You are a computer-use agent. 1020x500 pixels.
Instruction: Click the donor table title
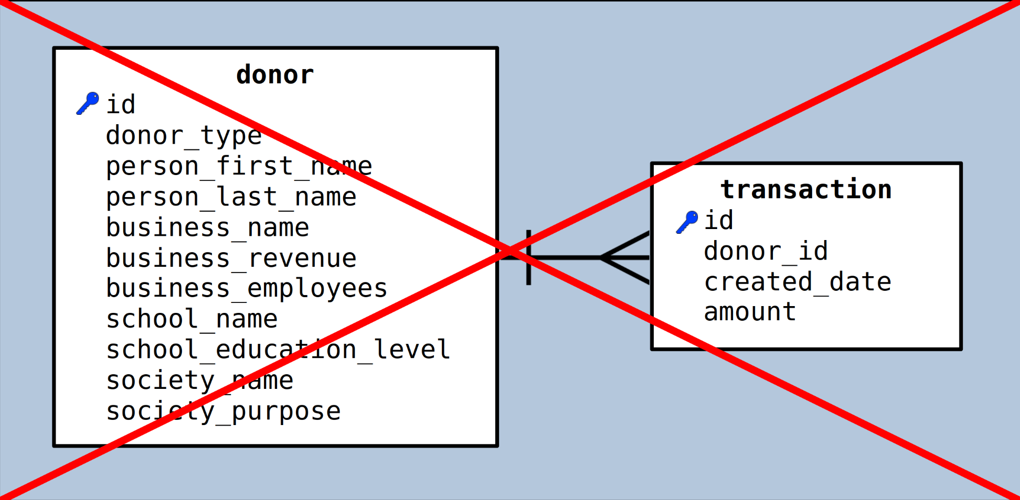coord(275,75)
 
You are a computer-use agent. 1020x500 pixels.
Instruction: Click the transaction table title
coord(806,189)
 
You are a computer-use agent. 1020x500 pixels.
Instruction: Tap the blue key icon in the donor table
coord(88,103)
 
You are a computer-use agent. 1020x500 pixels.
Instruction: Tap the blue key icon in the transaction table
coord(687,222)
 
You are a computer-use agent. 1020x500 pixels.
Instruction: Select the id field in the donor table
coord(121,104)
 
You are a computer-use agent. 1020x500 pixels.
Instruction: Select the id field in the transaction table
coord(719,220)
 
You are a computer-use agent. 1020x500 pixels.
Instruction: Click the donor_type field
coord(184,136)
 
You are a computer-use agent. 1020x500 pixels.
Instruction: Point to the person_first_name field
coord(239,166)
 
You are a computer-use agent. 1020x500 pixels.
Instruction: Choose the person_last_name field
coord(231,197)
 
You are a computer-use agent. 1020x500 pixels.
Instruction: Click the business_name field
coord(208,227)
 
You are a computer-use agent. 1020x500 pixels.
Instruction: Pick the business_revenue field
coord(231,258)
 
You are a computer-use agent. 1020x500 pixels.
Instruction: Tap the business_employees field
coord(247,289)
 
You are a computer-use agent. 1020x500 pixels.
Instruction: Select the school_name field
coord(192,319)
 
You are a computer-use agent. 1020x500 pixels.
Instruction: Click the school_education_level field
coord(279,350)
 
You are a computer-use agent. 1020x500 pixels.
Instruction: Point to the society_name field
coord(200,381)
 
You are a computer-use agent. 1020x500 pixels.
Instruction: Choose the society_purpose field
coord(224,411)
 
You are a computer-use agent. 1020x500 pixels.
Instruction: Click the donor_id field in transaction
coord(766,251)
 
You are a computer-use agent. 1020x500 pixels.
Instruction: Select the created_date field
coord(798,281)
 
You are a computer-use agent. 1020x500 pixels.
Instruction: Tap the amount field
coord(750,312)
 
